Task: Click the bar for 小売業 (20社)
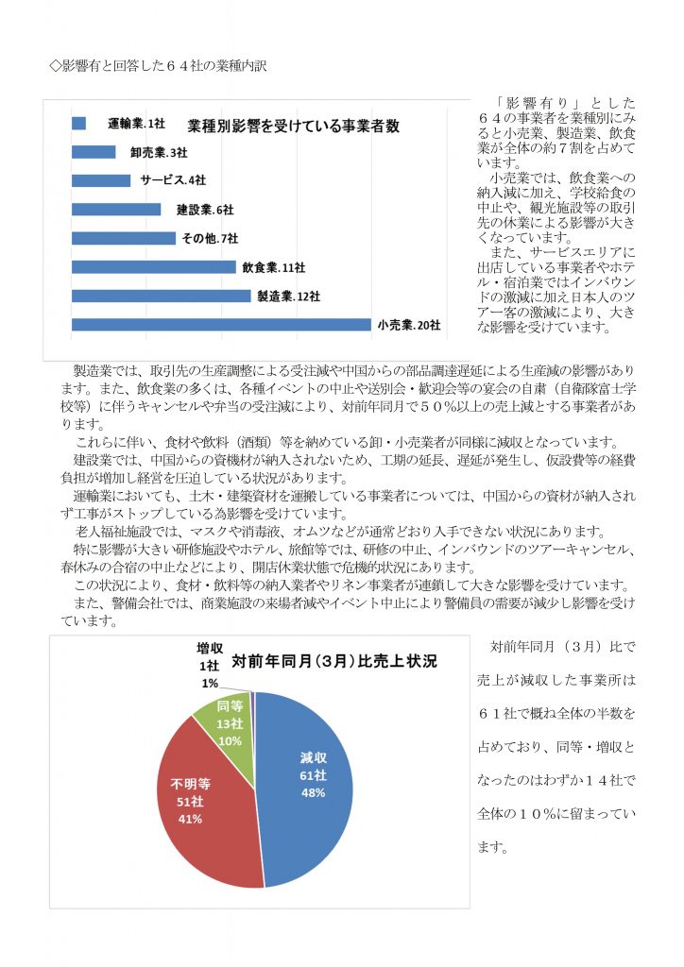click(x=221, y=325)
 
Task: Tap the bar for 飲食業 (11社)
click(x=153, y=267)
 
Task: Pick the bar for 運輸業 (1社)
click(x=78, y=123)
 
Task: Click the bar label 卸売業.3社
click(x=158, y=152)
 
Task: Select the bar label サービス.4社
click(x=173, y=180)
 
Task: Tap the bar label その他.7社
click(x=211, y=238)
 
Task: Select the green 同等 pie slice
click(x=227, y=727)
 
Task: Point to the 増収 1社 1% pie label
click(x=209, y=665)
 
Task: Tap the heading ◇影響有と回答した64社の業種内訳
click(x=163, y=65)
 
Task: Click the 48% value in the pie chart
click(x=313, y=792)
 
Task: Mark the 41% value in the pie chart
click(x=190, y=819)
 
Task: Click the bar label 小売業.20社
click(x=409, y=325)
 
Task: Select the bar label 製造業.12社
click(x=288, y=296)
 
